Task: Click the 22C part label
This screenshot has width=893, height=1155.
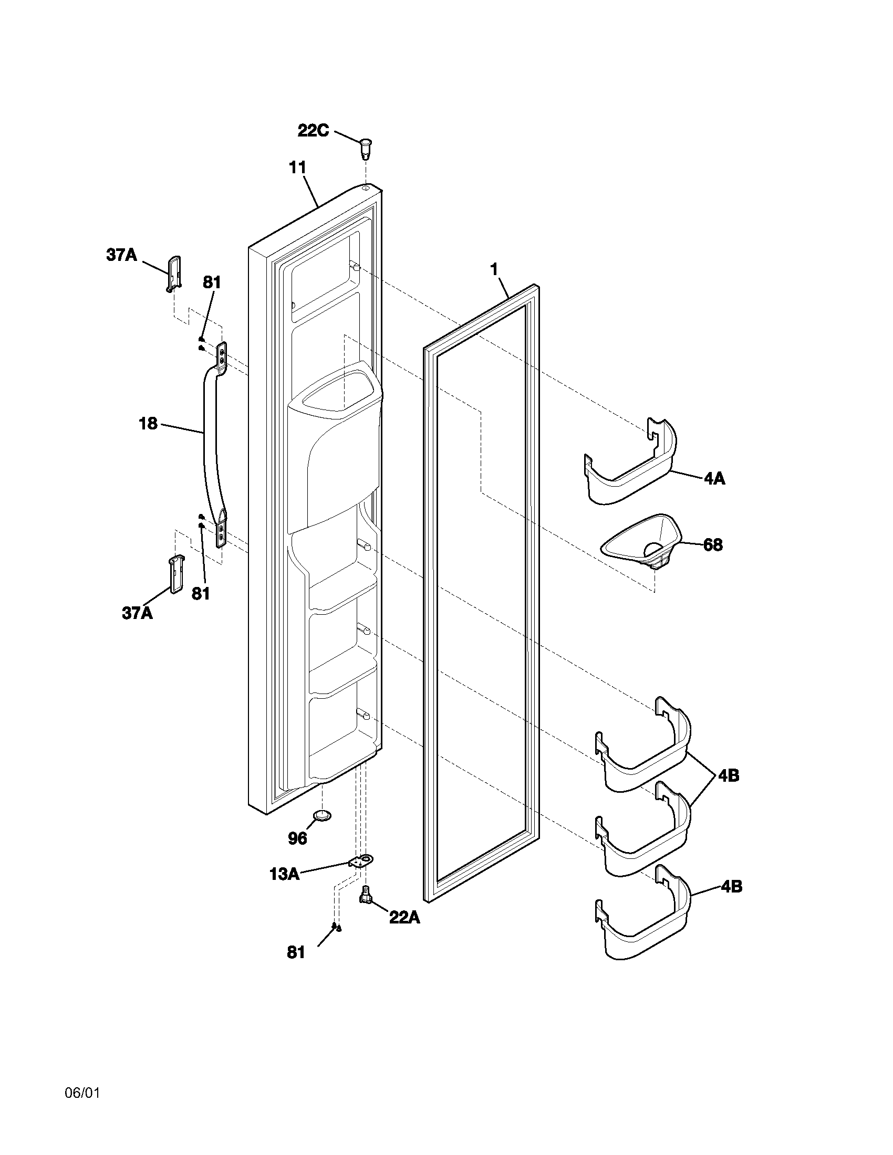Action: (x=313, y=130)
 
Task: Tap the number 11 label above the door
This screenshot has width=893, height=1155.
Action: (x=297, y=167)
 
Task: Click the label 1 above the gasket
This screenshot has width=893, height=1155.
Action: (x=494, y=270)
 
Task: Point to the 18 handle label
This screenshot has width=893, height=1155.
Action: (x=148, y=423)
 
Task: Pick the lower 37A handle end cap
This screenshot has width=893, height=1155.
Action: (x=175, y=574)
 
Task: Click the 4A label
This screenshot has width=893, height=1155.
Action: (x=714, y=479)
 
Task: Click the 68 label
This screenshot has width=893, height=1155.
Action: (x=713, y=545)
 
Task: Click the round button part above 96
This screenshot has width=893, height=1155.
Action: (x=323, y=815)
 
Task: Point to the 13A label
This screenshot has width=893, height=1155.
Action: (x=284, y=874)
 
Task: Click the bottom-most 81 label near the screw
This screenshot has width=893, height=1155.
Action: (x=296, y=952)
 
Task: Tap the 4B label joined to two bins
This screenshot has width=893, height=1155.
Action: (x=729, y=776)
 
